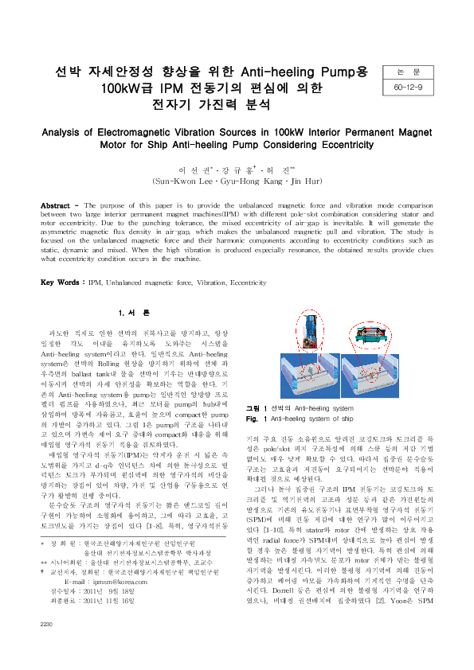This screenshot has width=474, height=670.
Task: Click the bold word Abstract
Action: (58, 205)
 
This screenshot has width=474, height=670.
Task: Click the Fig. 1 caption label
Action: (254, 417)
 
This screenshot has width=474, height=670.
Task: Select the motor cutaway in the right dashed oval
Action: (375, 327)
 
